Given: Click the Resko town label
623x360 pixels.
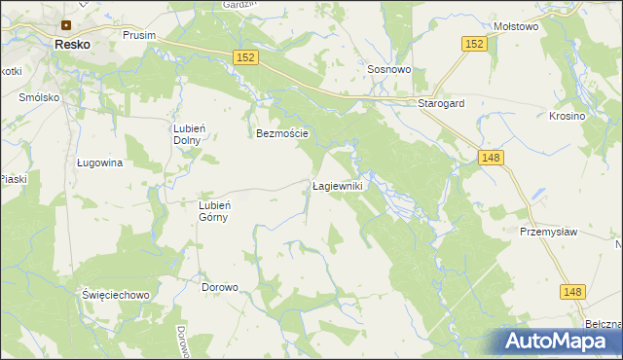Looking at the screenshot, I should pos(73,45).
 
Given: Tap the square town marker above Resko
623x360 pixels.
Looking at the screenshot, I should pos(66,25).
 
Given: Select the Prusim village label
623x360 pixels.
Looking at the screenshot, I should pos(139,34).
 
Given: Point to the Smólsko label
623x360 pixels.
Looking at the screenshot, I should pos(39,98).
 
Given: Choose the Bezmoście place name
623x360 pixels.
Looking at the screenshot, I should pos(281,133).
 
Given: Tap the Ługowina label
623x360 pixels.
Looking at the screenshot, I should pos(99,163).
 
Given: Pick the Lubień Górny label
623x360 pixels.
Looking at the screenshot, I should pos(213,211).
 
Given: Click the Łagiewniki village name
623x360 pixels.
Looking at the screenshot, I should pos(337,185).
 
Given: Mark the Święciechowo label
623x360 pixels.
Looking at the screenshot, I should pos(115,294).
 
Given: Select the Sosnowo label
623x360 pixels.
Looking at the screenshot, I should pos(389,70).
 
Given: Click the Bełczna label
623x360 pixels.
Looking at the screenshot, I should pos(604,324).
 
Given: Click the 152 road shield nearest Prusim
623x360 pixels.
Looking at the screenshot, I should pos(245,59).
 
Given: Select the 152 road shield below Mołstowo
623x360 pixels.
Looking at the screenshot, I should pos(473,45).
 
